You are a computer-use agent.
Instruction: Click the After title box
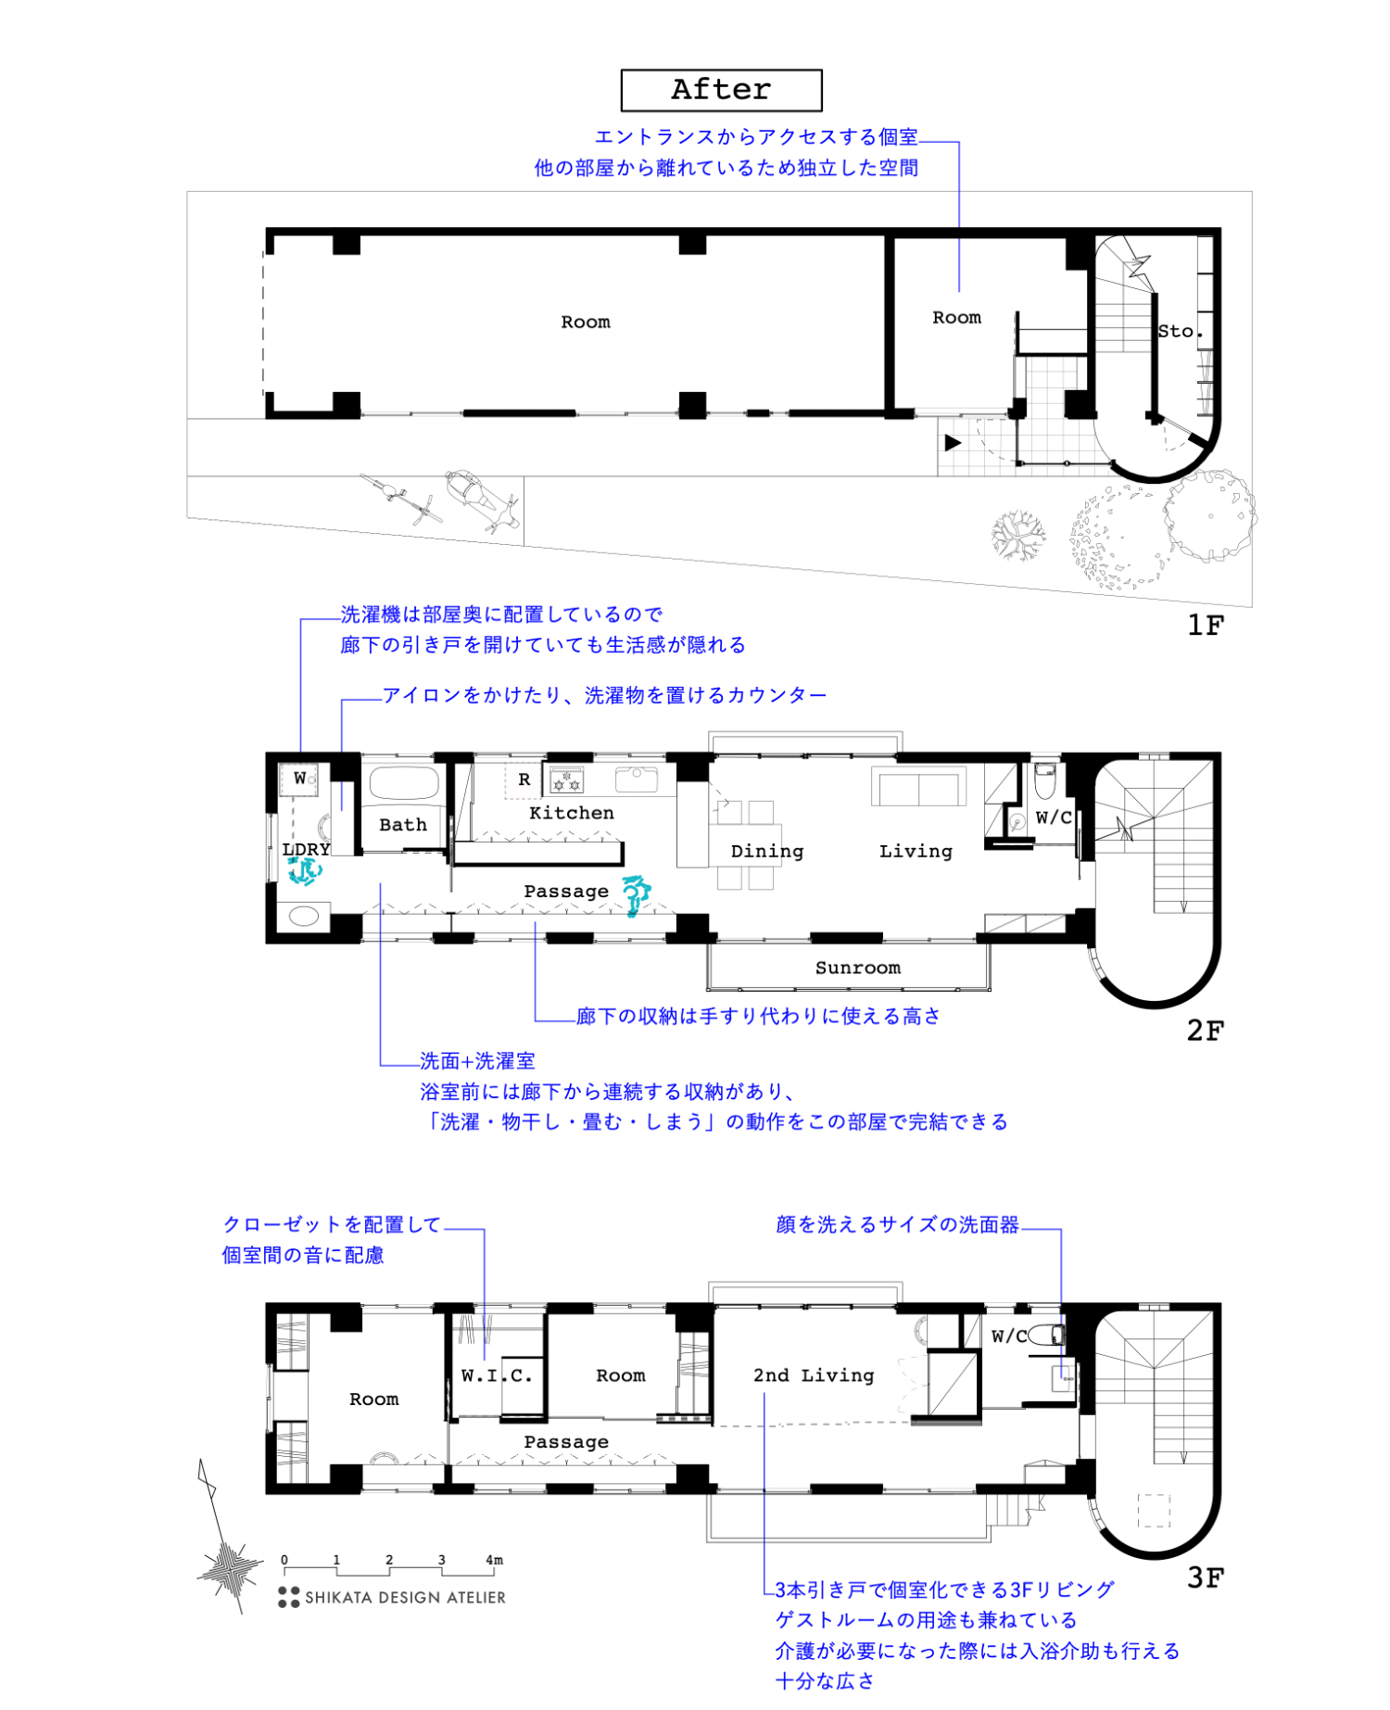coord(721,90)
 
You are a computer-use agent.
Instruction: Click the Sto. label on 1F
coord(1179,331)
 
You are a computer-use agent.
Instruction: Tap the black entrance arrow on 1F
coord(953,443)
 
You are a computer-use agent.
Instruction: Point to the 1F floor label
coord(1205,626)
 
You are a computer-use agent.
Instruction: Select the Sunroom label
coord(857,968)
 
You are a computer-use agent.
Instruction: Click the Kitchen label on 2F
coord(571,813)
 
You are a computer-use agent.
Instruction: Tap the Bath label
coord(402,825)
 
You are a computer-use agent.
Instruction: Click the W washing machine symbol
coord(300,779)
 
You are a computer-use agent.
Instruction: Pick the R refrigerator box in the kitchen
coord(524,779)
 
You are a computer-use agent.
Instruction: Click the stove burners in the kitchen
coord(566,780)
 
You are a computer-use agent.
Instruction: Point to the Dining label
coord(766,851)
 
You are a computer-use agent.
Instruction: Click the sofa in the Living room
coord(918,788)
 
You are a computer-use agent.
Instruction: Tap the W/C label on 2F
coord(1053,817)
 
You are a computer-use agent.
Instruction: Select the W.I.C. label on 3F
coord(497,1375)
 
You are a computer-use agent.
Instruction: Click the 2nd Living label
coord(813,1375)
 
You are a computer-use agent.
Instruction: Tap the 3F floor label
coord(1205,1577)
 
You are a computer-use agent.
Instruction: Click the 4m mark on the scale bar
coord(494,1560)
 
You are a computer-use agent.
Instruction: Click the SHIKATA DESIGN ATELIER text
coord(405,1598)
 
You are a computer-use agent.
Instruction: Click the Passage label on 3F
coord(565,1442)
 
